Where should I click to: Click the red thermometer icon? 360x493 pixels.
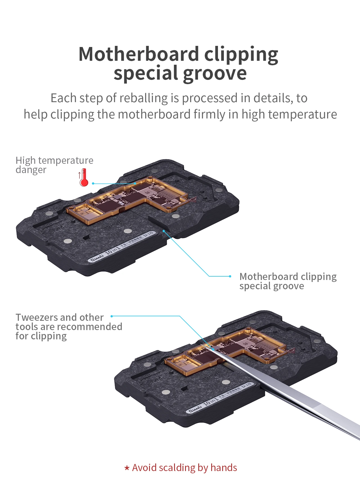[x=84, y=178]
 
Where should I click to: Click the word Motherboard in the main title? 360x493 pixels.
[x=139, y=54]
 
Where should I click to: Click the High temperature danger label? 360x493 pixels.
[x=54, y=165]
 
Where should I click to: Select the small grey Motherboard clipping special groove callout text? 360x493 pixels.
[x=288, y=281]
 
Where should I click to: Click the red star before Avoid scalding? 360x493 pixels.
[x=127, y=468]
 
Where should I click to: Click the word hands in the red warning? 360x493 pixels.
[x=224, y=468]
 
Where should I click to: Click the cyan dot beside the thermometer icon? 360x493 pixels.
[x=93, y=183]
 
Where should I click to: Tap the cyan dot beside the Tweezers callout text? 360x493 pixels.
[x=112, y=316]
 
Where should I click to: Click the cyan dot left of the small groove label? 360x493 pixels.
[x=230, y=276]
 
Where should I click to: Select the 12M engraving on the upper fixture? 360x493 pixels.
[x=57, y=229]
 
